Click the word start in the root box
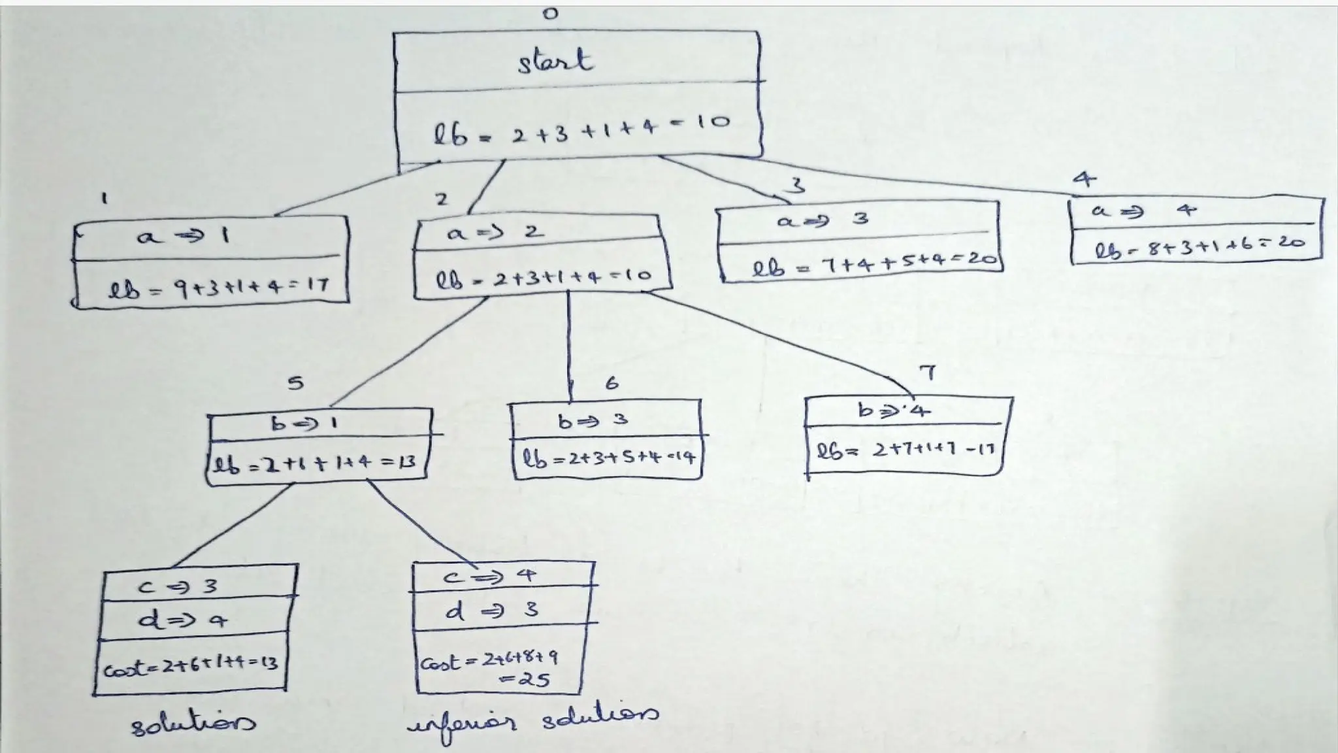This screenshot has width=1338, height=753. [x=555, y=61]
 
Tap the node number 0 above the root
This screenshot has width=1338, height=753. [x=551, y=14]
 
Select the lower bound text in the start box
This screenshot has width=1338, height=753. [x=581, y=129]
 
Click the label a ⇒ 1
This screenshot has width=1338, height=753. [x=183, y=235]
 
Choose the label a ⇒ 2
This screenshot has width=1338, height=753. [x=495, y=231]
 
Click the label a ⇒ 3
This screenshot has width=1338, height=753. [x=823, y=220]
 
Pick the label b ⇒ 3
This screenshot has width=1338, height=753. [x=593, y=420]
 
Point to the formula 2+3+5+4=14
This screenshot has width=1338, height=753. [x=608, y=459]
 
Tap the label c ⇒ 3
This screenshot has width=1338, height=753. [x=178, y=586]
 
